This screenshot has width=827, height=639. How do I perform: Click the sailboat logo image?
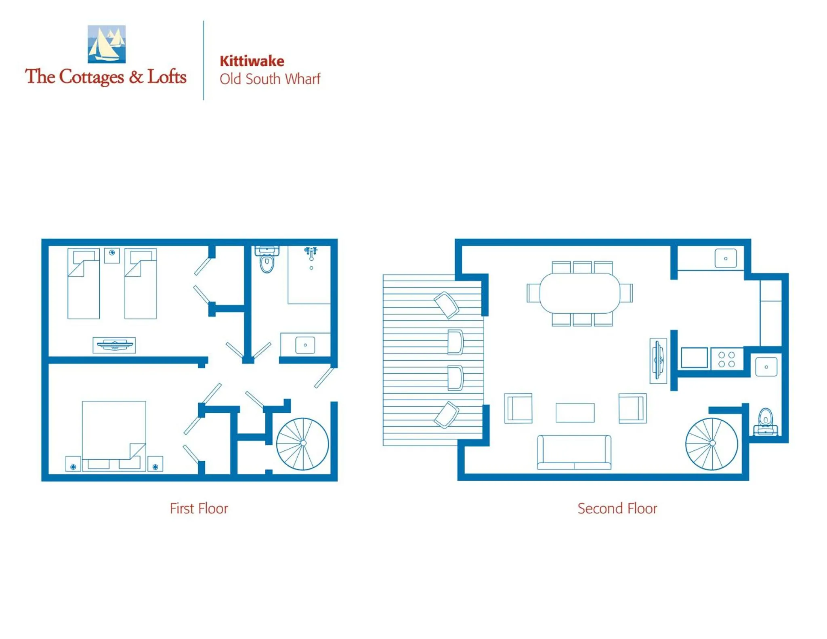(x=106, y=44)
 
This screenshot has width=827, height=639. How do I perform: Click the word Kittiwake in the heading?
(x=252, y=61)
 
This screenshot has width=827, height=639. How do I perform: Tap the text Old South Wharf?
(x=269, y=79)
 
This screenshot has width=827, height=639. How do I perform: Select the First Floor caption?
(x=199, y=508)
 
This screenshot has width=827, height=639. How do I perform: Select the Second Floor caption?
(x=617, y=508)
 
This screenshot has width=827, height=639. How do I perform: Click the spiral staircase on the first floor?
(x=302, y=444)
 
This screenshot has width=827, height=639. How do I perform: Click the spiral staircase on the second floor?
(x=712, y=444)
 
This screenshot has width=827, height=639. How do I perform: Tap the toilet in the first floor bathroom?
(x=267, y=261)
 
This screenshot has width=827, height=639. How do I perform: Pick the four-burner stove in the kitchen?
(x=726, y=359)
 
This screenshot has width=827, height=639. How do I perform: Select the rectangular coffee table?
(x=575, y=412)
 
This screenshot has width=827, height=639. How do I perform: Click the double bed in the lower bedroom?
(x=114, y=434)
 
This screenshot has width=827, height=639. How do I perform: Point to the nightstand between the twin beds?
(x=112, y=255)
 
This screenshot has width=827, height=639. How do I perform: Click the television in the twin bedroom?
(x=114, y=345)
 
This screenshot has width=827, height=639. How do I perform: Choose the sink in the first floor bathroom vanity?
(x=305, y=345)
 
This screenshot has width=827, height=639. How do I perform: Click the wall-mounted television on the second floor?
(x=658, y=360)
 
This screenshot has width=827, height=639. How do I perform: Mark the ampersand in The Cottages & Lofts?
(x=136, y=77)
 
